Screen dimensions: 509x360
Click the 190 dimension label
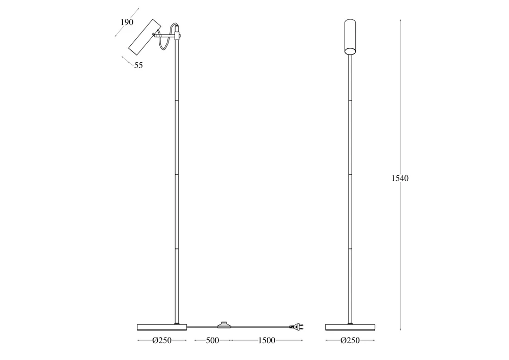pyautogui.click(x=127, y=22)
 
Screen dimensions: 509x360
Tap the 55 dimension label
pyautogui.click(x=138, y=65)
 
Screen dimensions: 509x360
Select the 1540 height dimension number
pyautogui.click(x=400, y=178)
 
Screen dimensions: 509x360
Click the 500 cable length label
pyautogui.click(x=212, y=341)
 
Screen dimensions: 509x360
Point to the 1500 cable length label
pyautogui.click(x=267, y=341)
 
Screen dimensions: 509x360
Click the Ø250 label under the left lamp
pyautogui.click(x=162, y=341)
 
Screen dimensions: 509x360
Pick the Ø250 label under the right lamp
pyautogui.click(x=350, y=341)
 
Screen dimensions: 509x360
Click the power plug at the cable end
pyautogui.click(x=296, y=326)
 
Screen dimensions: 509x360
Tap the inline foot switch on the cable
pyautogui.click(x=223, y=325)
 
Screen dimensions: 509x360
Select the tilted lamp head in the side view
pyautogui.click(x=145, y=37)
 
